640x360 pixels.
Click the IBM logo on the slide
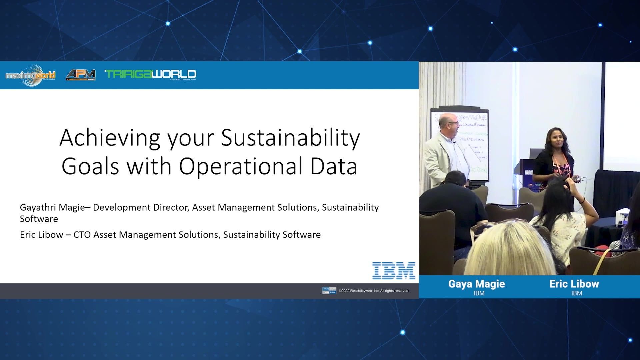(394, 270)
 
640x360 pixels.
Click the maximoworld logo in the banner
(30, 75)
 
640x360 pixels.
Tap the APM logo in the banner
(81, 75)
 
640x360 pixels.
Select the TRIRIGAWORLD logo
(150, 74)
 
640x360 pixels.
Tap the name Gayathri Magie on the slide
(52, 207)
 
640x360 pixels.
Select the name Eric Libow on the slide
(41, 235)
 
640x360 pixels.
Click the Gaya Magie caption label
(476, 284)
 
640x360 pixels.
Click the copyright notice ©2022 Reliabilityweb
(374, 291)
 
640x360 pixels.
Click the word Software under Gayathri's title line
(39, 219)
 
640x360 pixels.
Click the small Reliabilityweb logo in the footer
(329, 291)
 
